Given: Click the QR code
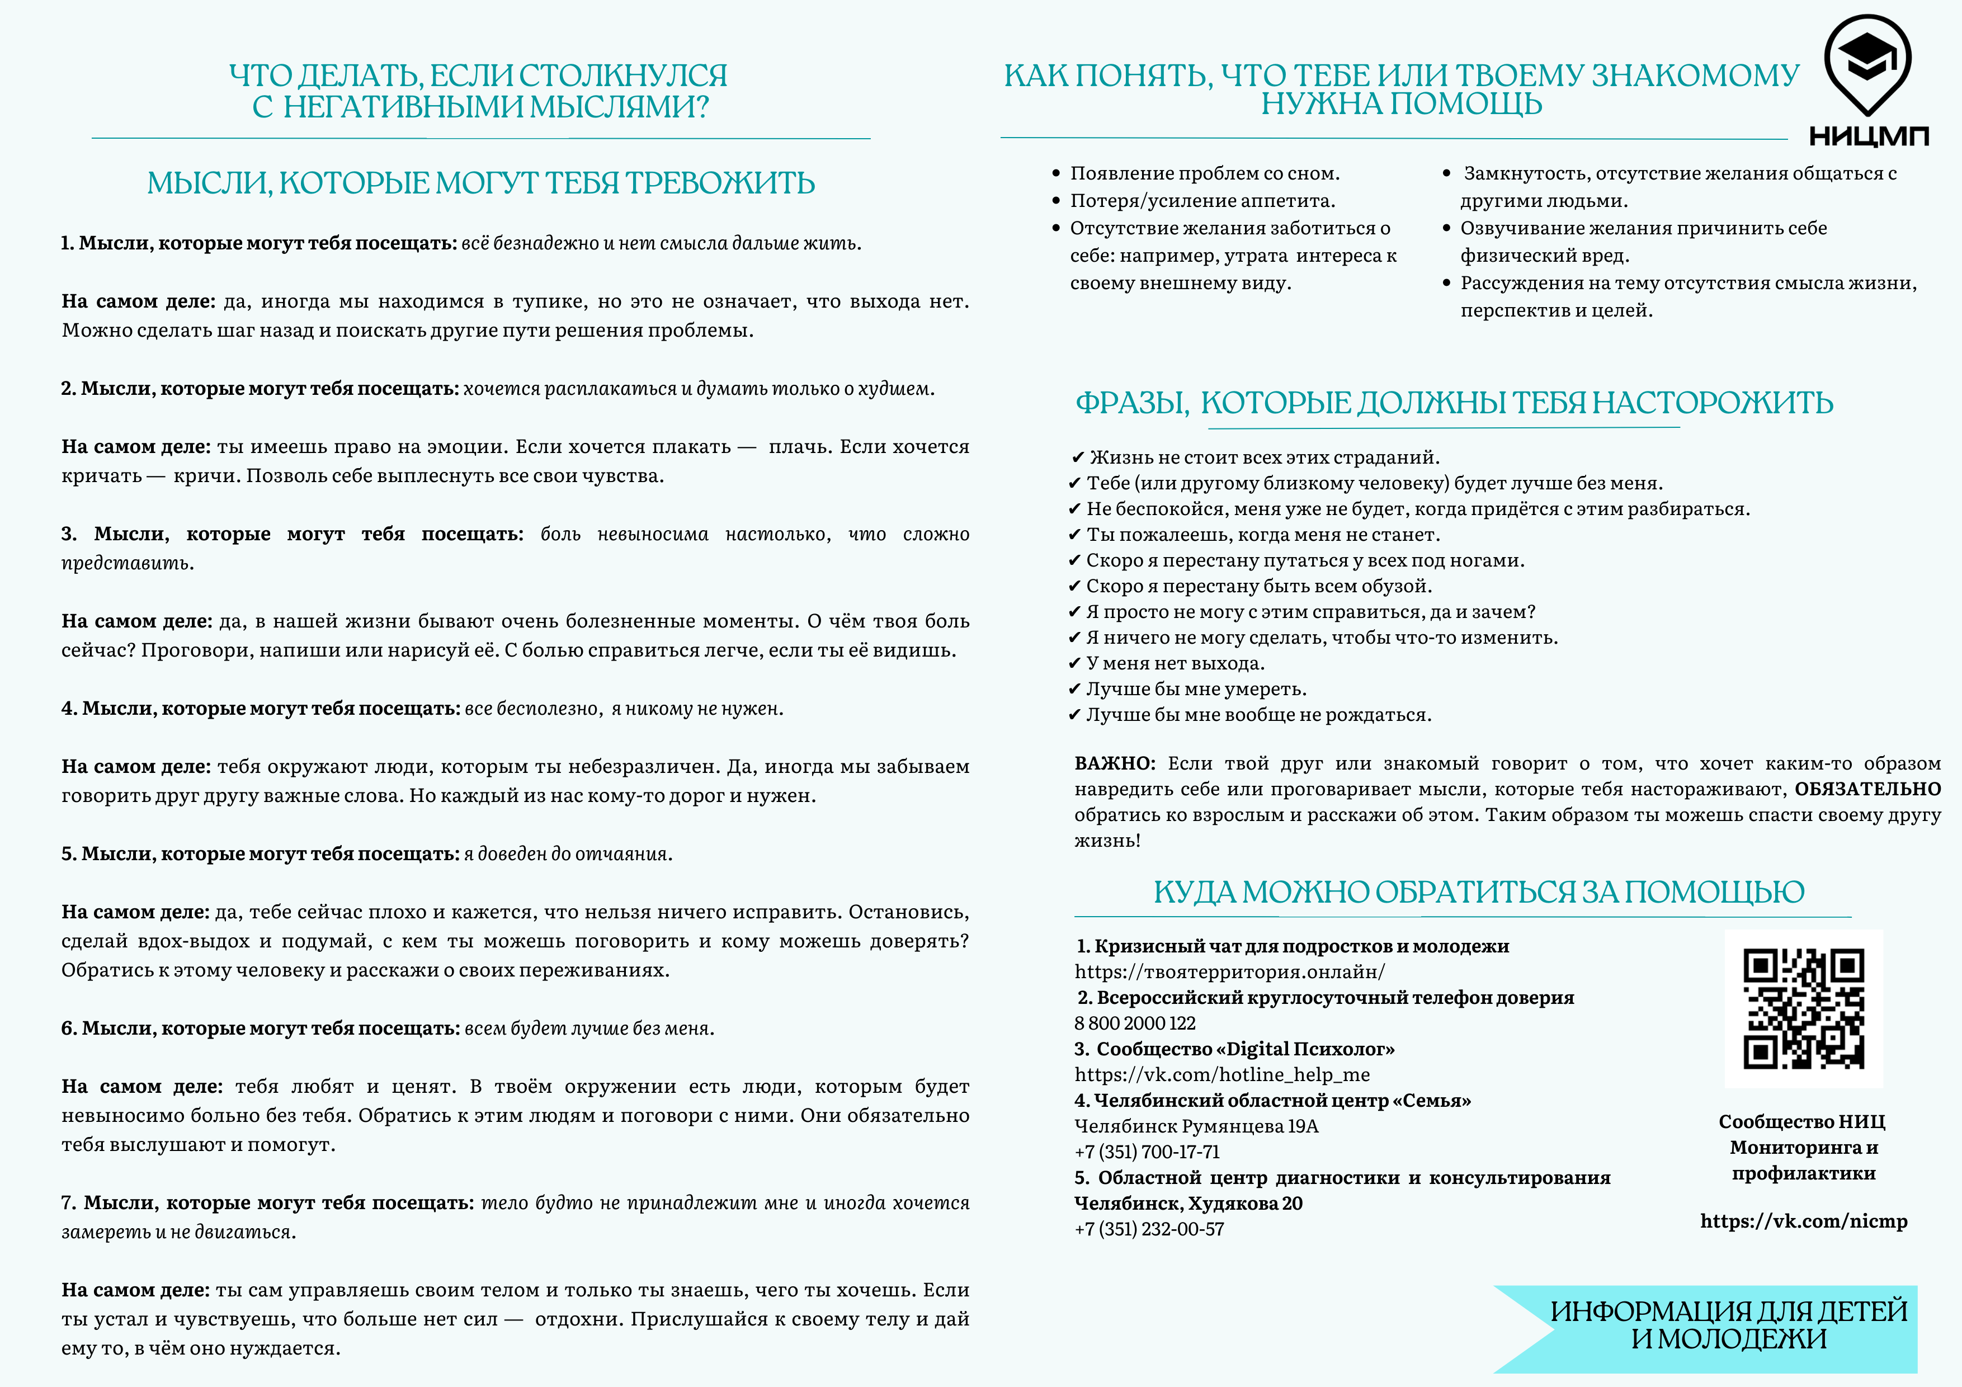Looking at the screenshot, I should click(1803, 1008).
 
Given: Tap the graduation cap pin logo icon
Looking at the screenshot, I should click(1867, 64).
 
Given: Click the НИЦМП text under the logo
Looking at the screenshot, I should click(1869, 136).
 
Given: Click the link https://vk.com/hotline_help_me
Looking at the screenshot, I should click(1222, 1075).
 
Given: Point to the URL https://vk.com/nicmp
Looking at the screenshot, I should click(1804, 1221).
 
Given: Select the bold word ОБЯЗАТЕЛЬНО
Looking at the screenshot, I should click(1867, 789).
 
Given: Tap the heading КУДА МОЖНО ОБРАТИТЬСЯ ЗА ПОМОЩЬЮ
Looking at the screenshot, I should click(1478, 892).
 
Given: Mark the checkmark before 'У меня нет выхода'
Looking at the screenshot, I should click(1075, 664).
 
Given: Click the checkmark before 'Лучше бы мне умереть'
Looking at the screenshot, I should click(1075, 690).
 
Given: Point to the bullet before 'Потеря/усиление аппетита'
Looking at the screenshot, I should click(1056, 201).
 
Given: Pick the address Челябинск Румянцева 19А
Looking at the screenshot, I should click(1196, 1126).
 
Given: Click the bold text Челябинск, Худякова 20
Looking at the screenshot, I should click(1188, 1203).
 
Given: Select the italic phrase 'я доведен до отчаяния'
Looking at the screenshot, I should click(568, 855).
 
